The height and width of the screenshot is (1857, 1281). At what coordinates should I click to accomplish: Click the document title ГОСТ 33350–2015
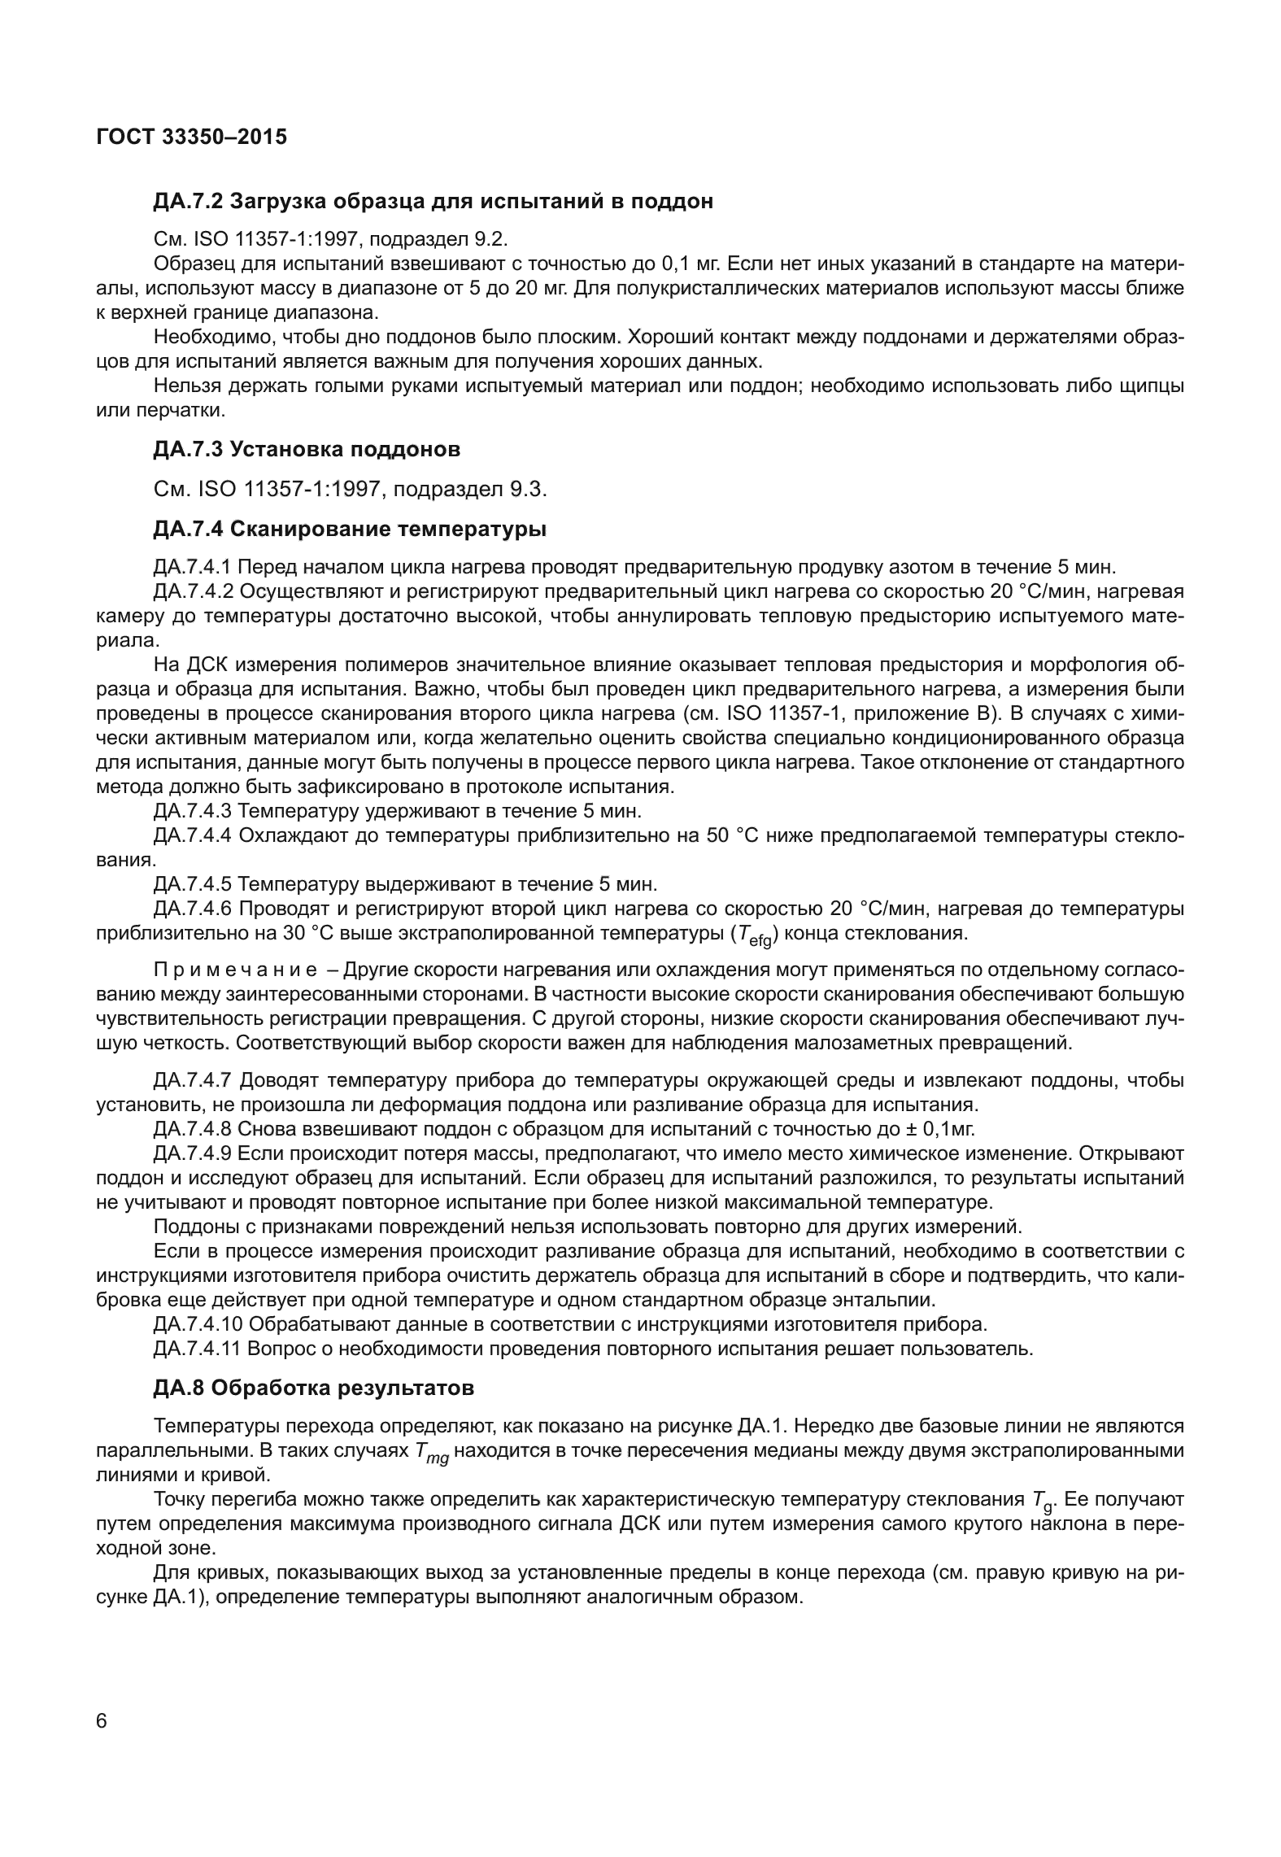coord(191,137)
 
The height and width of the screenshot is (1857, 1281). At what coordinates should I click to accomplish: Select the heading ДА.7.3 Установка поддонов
coord(307,449)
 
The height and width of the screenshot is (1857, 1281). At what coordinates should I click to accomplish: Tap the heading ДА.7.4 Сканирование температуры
coord(350,530)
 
